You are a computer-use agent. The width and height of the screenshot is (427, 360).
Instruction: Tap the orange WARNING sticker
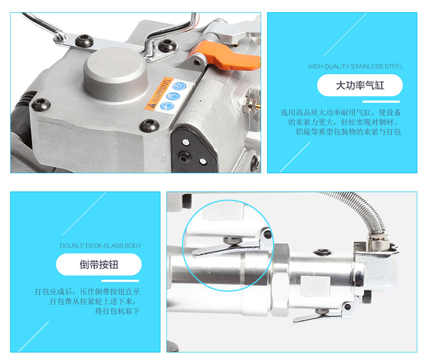(x=158, y=94)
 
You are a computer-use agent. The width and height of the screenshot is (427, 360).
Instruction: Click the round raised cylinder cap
(x=115, y=74)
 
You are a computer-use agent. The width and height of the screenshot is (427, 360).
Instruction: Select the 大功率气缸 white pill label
(x=360, y=85)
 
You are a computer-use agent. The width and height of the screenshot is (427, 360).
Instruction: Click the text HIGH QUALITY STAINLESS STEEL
(x=356, y=66)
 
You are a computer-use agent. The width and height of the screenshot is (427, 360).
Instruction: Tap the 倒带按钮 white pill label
(x=98, y=264)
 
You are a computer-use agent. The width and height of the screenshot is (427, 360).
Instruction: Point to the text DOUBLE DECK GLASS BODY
(x=101, y=245)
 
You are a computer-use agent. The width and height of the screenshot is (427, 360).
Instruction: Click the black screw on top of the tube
(x=322, y=252)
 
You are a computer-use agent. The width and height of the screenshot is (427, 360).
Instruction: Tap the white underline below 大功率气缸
(x=381, y=102)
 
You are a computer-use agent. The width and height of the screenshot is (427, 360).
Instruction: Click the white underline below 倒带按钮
(x=120, y=281)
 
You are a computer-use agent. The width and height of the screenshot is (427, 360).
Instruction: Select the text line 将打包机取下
(x=117, y=311)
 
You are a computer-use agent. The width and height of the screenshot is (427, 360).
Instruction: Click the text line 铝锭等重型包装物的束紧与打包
(x=348, y=132)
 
